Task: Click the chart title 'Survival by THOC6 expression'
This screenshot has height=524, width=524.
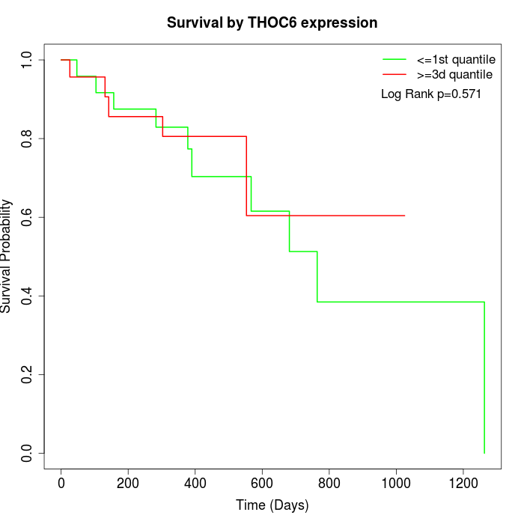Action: click(272, 22)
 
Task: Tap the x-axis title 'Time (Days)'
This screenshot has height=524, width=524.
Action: click(272, 505)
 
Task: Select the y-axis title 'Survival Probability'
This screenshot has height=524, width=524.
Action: click(7, 256)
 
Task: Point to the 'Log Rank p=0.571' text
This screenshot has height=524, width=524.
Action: click(430, 94)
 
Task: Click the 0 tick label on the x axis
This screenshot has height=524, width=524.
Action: click(61, 481)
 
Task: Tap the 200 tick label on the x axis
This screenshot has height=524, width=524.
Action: click(128, 481)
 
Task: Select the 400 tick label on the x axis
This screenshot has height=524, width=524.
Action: click(195, 481)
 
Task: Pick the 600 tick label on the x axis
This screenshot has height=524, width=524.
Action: click(262, 481)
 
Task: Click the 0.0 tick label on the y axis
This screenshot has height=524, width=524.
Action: click(28, 453)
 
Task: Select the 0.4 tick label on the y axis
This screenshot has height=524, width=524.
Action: click(28, 296)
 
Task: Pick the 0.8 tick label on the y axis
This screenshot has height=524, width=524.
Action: click(28, 138)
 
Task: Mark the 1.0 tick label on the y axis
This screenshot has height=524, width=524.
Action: click(28, 60)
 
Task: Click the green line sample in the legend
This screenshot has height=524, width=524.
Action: click(394, 59)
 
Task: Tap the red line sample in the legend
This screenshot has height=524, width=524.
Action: click(394, 75)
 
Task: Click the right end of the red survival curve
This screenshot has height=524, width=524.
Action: click(404, 216)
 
